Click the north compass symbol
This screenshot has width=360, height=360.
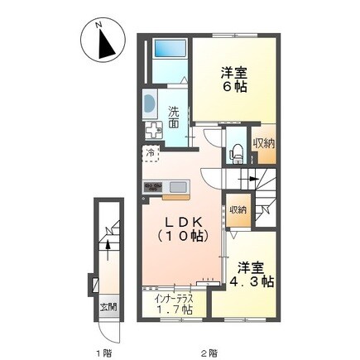coord(101,43)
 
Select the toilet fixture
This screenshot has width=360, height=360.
coord(235,151)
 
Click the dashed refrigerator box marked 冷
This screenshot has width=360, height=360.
coord(151,154)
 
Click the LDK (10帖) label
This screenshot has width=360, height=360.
coord(185,229)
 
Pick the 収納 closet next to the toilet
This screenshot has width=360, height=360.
coord(264,145)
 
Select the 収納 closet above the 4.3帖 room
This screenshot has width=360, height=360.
coord(238,210)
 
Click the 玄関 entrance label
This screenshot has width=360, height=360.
coord(108,307)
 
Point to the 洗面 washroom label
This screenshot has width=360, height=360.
coord(174,117)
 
